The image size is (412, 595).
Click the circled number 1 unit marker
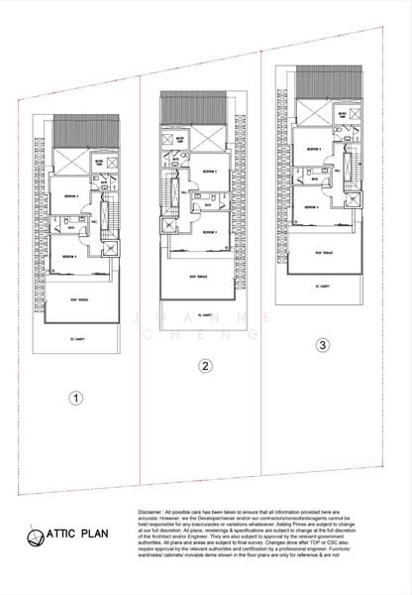click(75, 399)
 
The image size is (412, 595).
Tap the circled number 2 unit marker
click(204, 366)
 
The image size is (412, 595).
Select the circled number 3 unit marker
click(322, 346)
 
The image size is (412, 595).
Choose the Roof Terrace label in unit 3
click(319, 253)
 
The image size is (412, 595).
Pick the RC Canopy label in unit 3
click(319, 287)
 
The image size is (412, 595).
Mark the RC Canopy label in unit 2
click(203, 315)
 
